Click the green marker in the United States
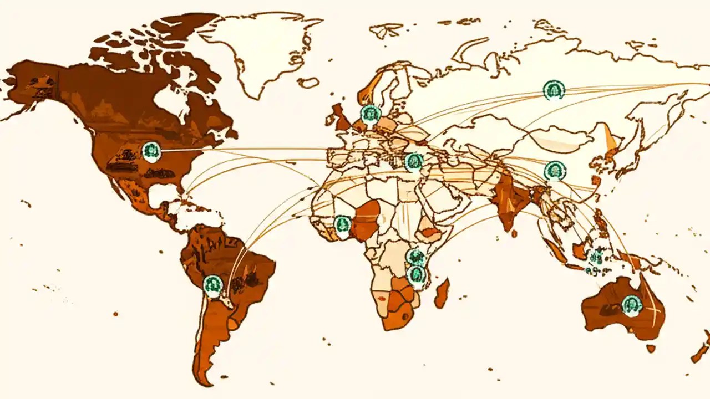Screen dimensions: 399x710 coord(151,151)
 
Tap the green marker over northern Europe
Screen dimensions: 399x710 coord(371,114)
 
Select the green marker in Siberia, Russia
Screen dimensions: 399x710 coord(554,90)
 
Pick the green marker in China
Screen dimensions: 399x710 coord(555,171)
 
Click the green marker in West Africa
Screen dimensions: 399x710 coord(343,224)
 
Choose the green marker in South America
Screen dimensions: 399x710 coord(212,285)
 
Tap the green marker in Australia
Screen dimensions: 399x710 coord(632,305)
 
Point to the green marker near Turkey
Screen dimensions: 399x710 coord(414,162)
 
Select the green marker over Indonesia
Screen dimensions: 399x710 coord(596,258)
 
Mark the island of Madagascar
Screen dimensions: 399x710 coord(442,294)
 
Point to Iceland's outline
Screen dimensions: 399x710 coord(308,83)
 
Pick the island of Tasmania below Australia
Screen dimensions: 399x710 coord(651,349)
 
